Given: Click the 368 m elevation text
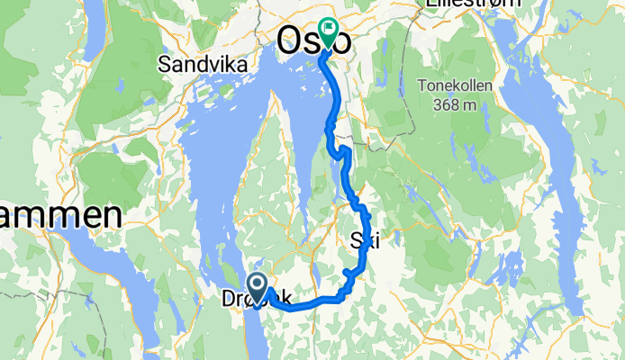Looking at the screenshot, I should pos(455,105).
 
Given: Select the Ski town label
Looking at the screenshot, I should pos(363,240).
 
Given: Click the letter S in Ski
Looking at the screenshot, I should pos(354,240).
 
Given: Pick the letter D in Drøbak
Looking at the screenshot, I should pos(226,301).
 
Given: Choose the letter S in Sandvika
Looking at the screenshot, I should pos(163,64).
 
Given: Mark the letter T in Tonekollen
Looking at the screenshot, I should pos(421,86).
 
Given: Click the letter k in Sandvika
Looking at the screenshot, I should pos(217,64).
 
